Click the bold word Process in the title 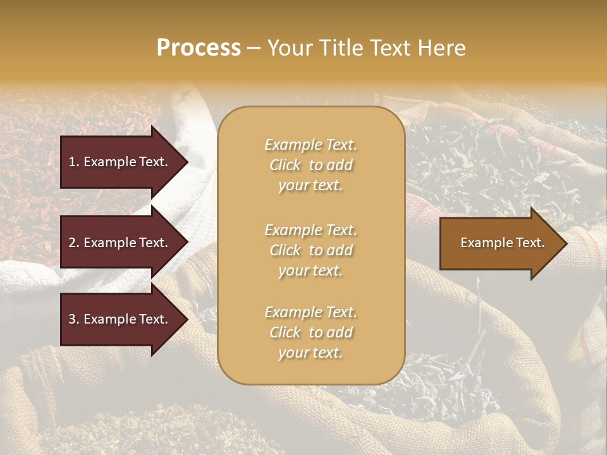(x=199, y=48)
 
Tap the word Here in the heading (x=442, y=48)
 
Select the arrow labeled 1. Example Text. (x=120, y=162)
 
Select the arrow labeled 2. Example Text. (x=120, y=243)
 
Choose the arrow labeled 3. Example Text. (x=120, y=319)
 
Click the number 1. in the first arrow (x=74, y=162)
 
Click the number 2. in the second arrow (x=74, y=243)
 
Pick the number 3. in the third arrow (x=74, y=319)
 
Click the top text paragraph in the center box (x=310, y=165)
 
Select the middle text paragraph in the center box (x=310, y=250)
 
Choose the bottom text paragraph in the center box (x=310, y=332)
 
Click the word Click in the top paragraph (x=285, y=165)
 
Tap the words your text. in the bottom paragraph (x=310, y=353)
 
